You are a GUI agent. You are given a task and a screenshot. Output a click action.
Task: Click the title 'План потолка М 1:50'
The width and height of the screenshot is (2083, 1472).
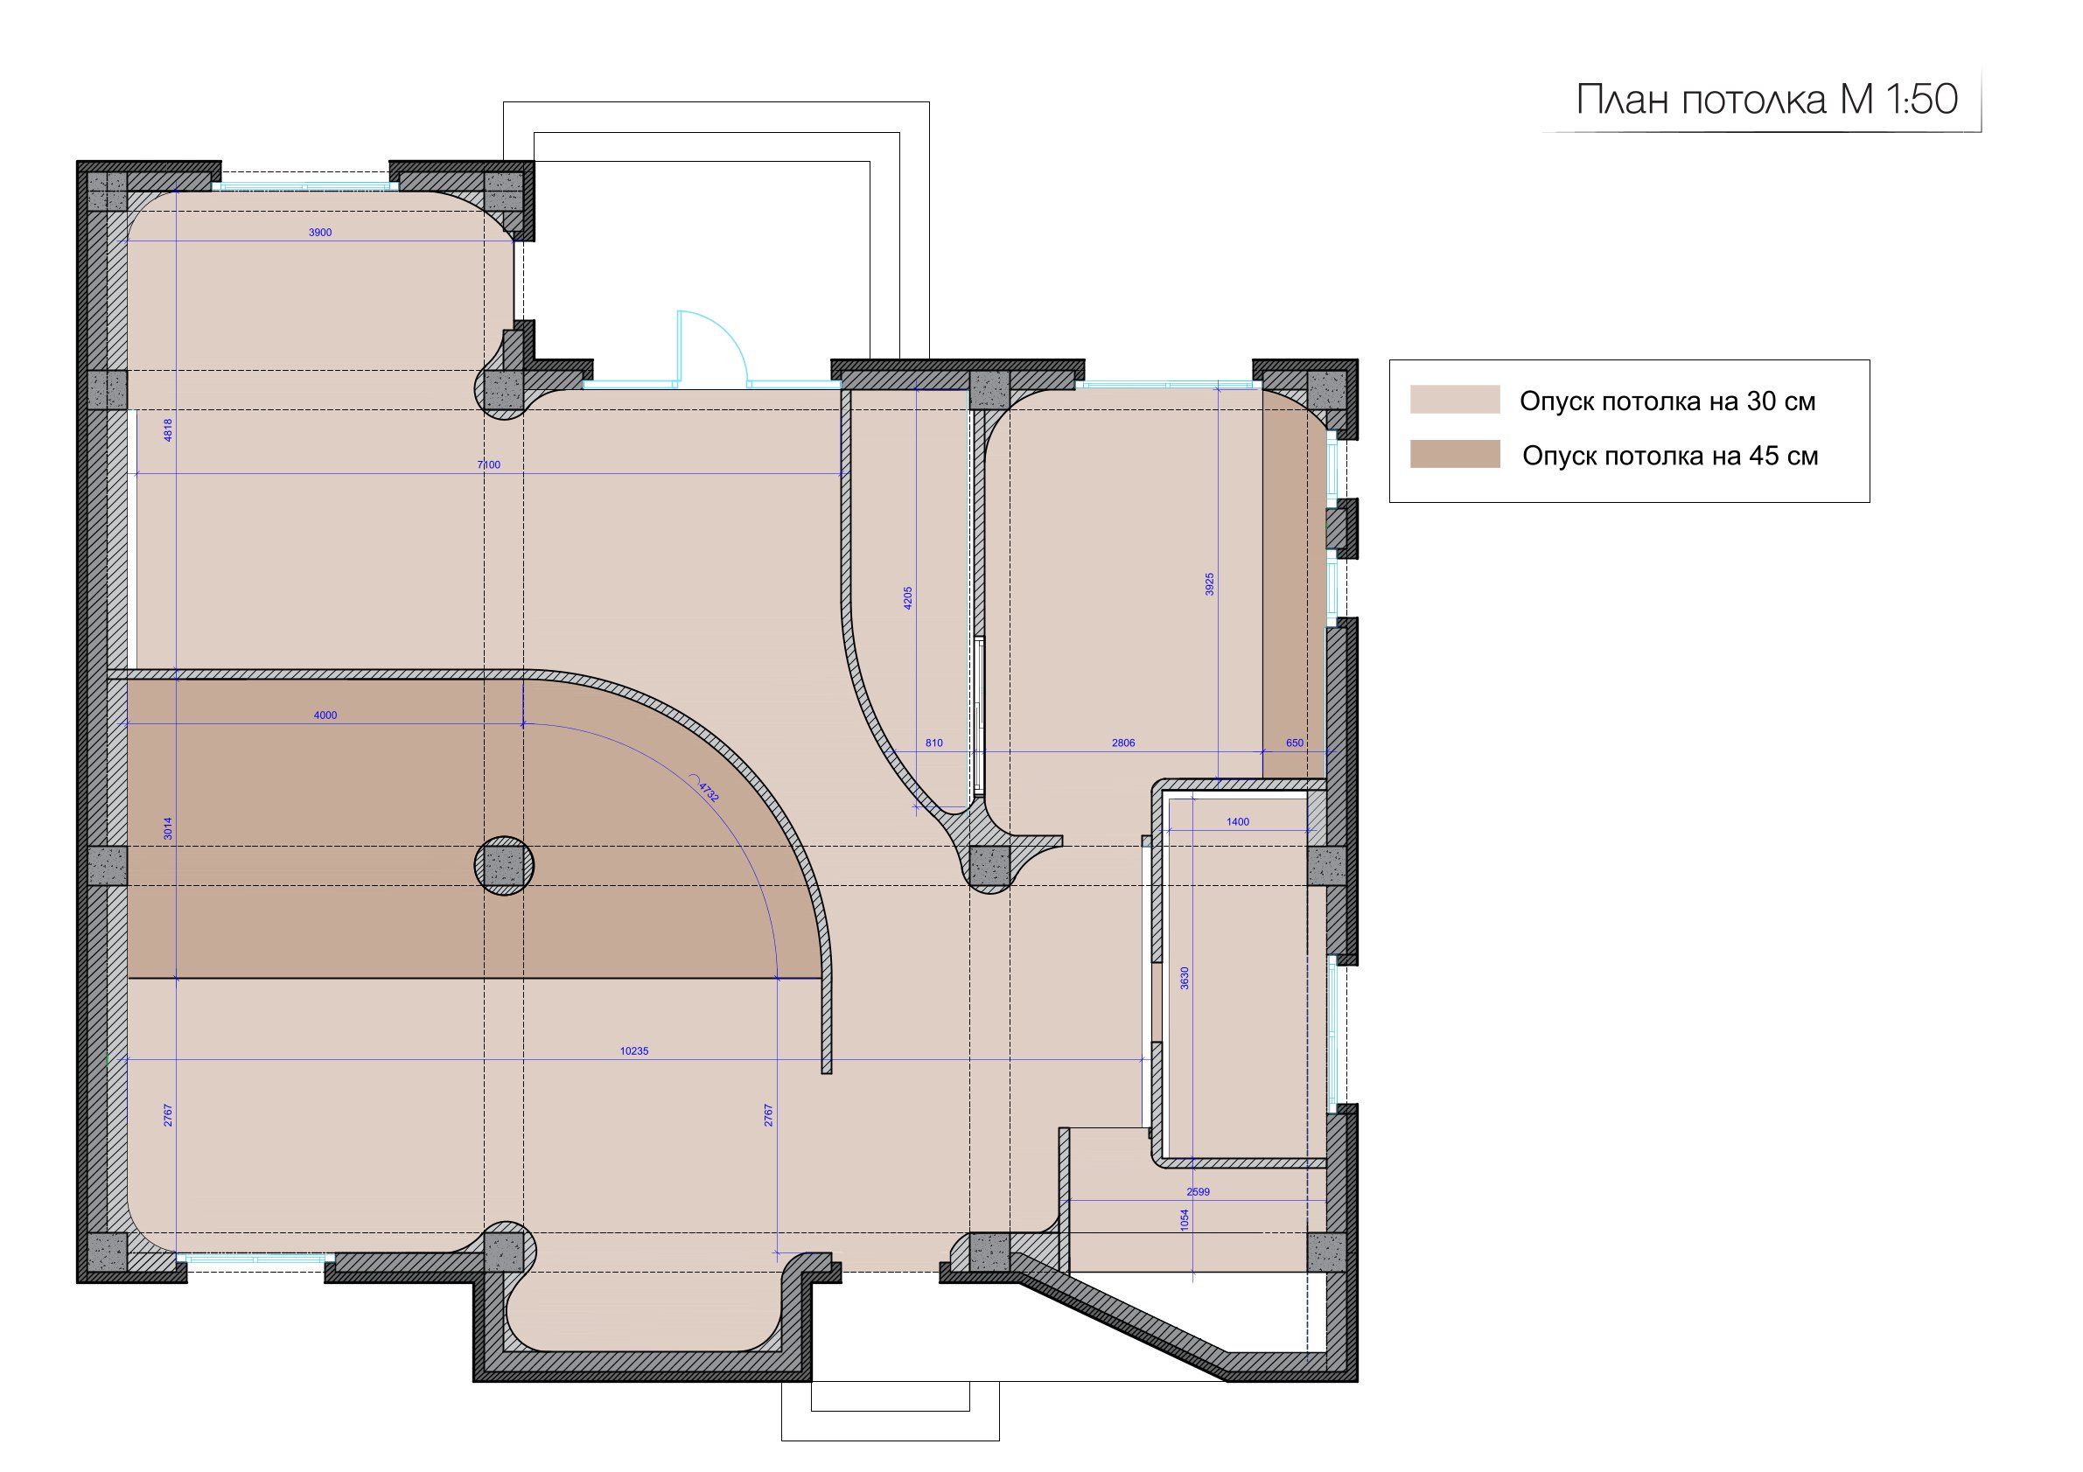point(1766,100)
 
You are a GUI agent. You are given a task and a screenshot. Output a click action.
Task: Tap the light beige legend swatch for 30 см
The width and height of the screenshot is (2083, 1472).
point(1454,400)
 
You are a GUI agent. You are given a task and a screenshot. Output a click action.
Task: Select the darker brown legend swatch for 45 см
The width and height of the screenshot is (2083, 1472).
point(1454,455)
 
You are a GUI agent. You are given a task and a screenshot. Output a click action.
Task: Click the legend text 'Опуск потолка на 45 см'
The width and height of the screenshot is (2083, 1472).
point(1670,456)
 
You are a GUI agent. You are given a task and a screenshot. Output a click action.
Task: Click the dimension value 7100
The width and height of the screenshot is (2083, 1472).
point(489,465)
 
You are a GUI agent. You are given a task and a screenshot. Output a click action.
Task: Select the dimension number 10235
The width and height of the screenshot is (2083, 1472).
point(634,1051)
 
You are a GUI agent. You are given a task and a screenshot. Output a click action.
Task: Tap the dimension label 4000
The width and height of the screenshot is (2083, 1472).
point(325,715)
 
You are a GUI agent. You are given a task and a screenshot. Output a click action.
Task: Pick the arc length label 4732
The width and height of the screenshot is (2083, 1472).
point(709,792)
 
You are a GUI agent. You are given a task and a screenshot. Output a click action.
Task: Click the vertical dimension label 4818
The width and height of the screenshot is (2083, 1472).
point(168,430)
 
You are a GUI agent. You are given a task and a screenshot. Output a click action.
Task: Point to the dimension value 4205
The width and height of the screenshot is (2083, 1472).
point(908,597)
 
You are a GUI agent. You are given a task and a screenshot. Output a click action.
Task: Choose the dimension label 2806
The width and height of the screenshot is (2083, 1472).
point(1123,743)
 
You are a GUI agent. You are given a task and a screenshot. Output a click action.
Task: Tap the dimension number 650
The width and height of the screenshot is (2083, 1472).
point(1295,743)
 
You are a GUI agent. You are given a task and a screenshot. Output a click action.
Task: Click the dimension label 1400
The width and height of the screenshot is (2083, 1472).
point(1237,821)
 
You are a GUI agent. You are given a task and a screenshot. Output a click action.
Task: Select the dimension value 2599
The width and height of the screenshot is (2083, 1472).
point(1199,1192)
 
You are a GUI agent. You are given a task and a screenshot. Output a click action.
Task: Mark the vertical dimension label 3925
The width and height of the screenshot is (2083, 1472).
point(1209,584)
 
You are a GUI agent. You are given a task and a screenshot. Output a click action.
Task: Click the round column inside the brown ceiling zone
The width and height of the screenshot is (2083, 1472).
point(505,866)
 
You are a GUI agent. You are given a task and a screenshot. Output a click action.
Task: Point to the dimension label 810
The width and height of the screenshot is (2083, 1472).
point(933,743)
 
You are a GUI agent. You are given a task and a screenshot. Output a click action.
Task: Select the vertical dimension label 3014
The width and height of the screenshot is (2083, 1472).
point(168,828)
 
